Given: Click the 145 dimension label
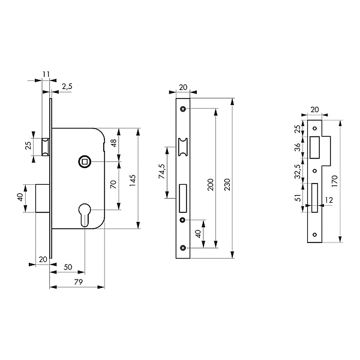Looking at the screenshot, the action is click(x=133, y=180).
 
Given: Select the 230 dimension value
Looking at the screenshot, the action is click(x=227, y=184).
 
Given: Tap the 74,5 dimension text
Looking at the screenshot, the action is click(x=162, y=171).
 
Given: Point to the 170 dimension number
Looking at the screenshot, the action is click(x=335, y=181).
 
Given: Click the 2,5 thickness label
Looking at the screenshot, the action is click(x=67, y=86).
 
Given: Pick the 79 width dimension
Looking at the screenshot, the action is click(x=78, y=282).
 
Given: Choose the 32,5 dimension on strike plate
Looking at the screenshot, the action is click(x=298, y=172).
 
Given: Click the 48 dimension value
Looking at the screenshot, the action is click(x=113, y=143).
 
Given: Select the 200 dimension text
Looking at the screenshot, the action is click(x=211, y=184).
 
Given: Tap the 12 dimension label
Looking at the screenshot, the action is click(x=329, y=200).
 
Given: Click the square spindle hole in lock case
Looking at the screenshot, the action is click(x=85, y=162).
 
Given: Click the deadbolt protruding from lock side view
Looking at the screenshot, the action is click(x=43, y=198).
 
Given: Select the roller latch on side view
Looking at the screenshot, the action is click(x=46, y=147).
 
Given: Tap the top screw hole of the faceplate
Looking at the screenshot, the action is click(x=183, y=109).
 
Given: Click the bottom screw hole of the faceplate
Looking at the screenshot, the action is click(x=183, y=247).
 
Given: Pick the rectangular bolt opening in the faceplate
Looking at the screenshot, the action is click(x=183, y=198).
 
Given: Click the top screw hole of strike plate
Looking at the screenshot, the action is click(x=315, y=128).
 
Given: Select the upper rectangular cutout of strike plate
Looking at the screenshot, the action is click(x=314, y=148).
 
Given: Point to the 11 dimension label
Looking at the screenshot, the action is click(x=46, y=74).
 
